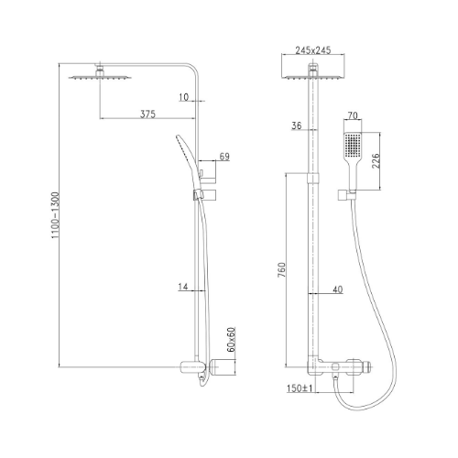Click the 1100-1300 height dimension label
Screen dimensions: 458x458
point(55,215)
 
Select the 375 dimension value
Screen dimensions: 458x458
point(147,114)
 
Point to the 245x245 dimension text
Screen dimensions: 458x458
point(313,50)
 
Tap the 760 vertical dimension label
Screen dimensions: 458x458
point(281,270)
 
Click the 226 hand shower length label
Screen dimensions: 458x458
point(376,161)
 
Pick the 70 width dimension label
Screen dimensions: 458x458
point(353,115)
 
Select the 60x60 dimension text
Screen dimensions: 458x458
point(232,340)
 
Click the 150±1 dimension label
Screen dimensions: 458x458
point(300,388)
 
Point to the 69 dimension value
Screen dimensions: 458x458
point(224,157)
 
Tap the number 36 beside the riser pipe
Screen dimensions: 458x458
point(297,125)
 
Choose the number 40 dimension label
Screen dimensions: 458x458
point(337,289)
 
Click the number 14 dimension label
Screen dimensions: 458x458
point(183,287)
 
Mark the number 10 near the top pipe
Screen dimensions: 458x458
point(183,97)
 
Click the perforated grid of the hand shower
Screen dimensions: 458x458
point(353,145)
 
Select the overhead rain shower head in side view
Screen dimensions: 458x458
point(100,75)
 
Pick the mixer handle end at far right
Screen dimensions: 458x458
point(366,366)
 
